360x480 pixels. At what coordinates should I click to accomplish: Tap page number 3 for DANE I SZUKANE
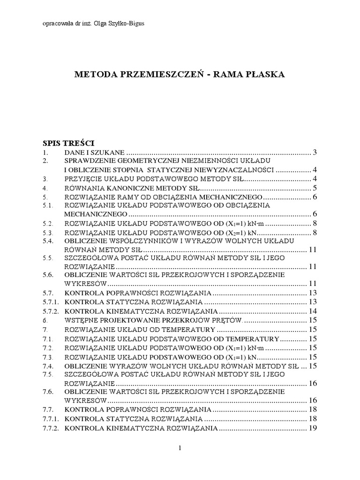(x=316, y=152)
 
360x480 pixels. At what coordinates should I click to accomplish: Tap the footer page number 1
(x=180, y=449)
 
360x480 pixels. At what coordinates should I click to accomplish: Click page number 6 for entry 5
(x=316, y=196)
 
